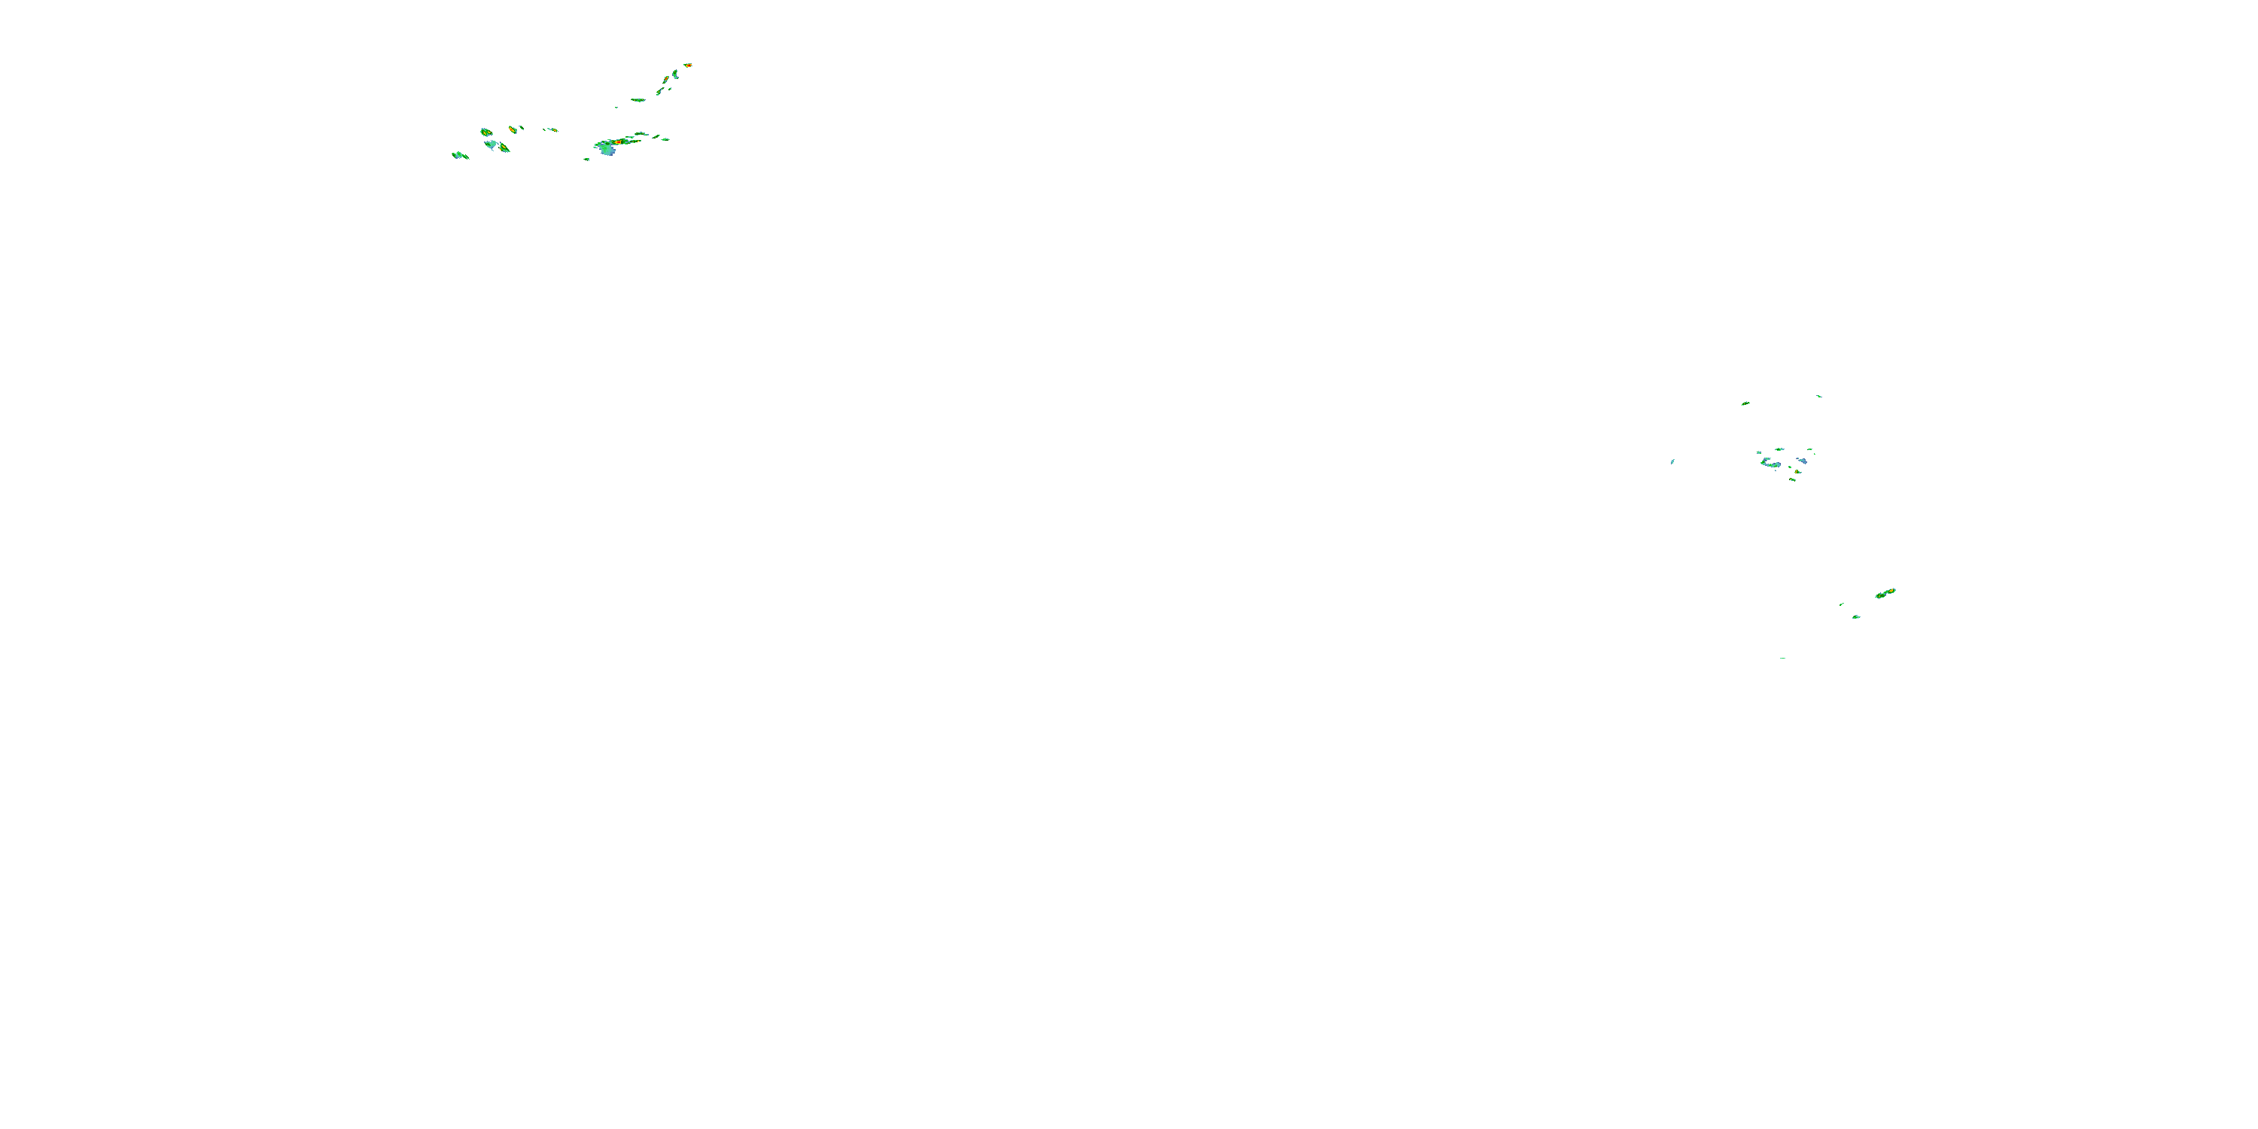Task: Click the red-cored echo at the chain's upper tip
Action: coord(688,65)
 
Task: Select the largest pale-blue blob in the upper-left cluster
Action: coord(607,150)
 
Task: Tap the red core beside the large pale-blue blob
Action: coord(618,142)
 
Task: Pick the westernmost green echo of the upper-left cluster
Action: coord(457,155)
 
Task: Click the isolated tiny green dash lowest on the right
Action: coord(1782,657)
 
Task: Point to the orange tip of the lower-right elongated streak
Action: coord(1891,591)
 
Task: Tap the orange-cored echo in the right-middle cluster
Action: coord(1797,472)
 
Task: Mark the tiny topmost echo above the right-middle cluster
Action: coord(1819,396)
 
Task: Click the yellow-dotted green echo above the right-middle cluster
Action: coord(1745,403)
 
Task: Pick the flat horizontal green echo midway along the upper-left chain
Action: coord(638,100)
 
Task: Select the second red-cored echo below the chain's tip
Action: coord(666,79)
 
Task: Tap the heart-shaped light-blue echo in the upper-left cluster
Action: coord(491,145)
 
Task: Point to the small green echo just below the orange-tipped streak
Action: coord(1855,617)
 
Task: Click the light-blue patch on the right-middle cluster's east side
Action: coord(1802,460)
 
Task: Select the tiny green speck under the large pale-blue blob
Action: coord(586,160)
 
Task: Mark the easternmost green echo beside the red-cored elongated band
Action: coord(665,138)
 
